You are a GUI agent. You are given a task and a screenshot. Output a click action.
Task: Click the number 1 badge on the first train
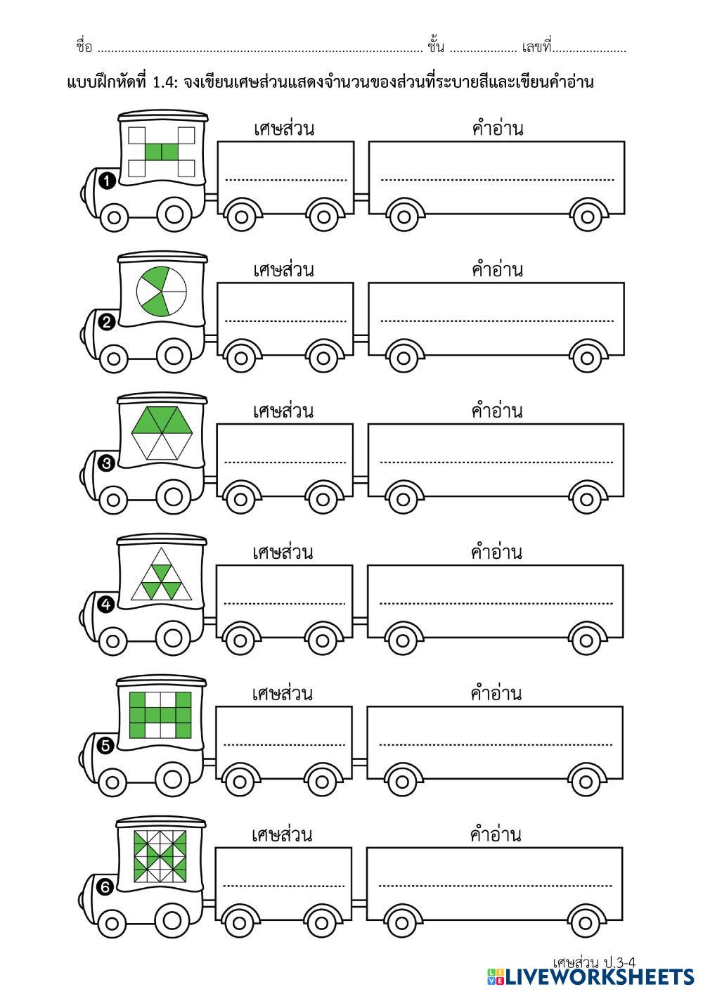[107, 181]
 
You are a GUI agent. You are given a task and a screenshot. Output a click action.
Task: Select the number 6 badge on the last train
[105, 888]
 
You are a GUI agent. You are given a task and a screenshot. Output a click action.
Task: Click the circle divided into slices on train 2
[161, 291]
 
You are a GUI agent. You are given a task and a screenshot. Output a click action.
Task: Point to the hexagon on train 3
[161, 433]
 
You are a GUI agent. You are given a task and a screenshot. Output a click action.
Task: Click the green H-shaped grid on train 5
[160, 715]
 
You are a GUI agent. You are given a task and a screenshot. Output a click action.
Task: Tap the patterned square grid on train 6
[160, 856]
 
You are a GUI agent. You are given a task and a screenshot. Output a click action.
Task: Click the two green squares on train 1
[162, 152]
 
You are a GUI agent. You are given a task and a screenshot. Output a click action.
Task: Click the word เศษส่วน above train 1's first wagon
[283, 129]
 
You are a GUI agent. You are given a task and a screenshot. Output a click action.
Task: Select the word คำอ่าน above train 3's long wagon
[497, 411]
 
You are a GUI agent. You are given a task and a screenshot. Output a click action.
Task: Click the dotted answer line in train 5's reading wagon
[496, 744]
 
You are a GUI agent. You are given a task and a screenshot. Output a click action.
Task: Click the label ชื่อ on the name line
[84, 47]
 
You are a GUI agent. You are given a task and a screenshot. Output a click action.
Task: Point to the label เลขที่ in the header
[537, 47]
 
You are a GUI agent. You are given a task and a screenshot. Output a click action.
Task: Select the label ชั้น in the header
[436, 47]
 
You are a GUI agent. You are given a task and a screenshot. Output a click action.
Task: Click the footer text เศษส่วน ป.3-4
[594, 961]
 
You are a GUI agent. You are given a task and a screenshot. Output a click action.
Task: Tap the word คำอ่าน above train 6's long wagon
[496, 835]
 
